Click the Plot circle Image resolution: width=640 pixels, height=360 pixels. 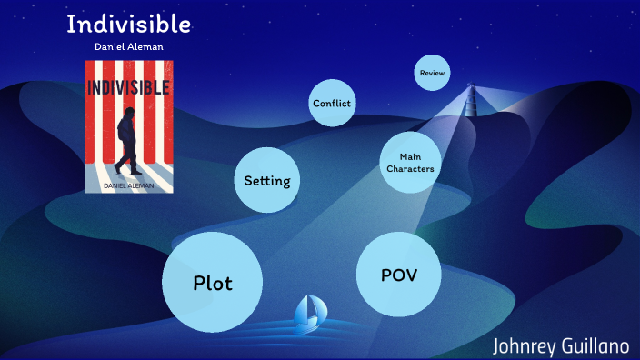[x=213, y=282]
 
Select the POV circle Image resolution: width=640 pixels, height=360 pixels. [x=398, y=274]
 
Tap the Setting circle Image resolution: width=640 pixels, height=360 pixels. [x=267, y=180]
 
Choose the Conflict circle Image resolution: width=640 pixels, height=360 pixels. [x=332, y=103]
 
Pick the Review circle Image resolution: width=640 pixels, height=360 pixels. [x=432, y=72]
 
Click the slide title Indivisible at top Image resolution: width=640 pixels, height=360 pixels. [x=128, y=25]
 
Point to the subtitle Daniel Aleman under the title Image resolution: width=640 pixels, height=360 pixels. [x=128, y=46]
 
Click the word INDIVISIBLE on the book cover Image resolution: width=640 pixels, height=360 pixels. [x=128, y=88]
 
